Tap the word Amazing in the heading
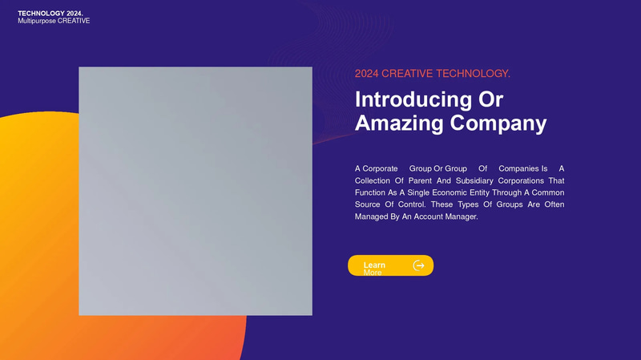coord(398,123)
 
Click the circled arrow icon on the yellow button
coord(418,265)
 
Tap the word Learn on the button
coord(374,265)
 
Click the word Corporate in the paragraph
coord(380,168)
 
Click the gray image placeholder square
coord(195,191)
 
